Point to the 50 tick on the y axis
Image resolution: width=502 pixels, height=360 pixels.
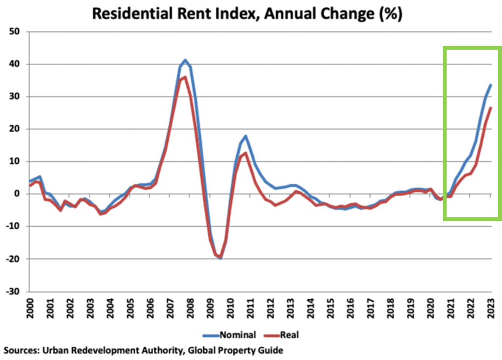point(18,32)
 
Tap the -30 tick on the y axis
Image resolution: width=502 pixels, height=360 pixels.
point(16,291)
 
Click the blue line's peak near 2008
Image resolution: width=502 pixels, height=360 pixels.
point(185,60)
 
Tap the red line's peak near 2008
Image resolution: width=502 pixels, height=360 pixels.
point(185,77)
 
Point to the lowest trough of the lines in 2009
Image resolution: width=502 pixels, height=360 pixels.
point(221,258)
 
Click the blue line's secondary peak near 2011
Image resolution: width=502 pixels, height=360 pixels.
point(246,136)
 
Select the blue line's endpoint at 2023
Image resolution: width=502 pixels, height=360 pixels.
point(490,85)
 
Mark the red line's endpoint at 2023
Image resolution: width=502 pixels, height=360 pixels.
point(490,108)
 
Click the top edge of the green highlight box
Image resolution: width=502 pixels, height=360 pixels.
point(472,48)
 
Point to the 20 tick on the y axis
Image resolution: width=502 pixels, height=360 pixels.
point(18,129)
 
